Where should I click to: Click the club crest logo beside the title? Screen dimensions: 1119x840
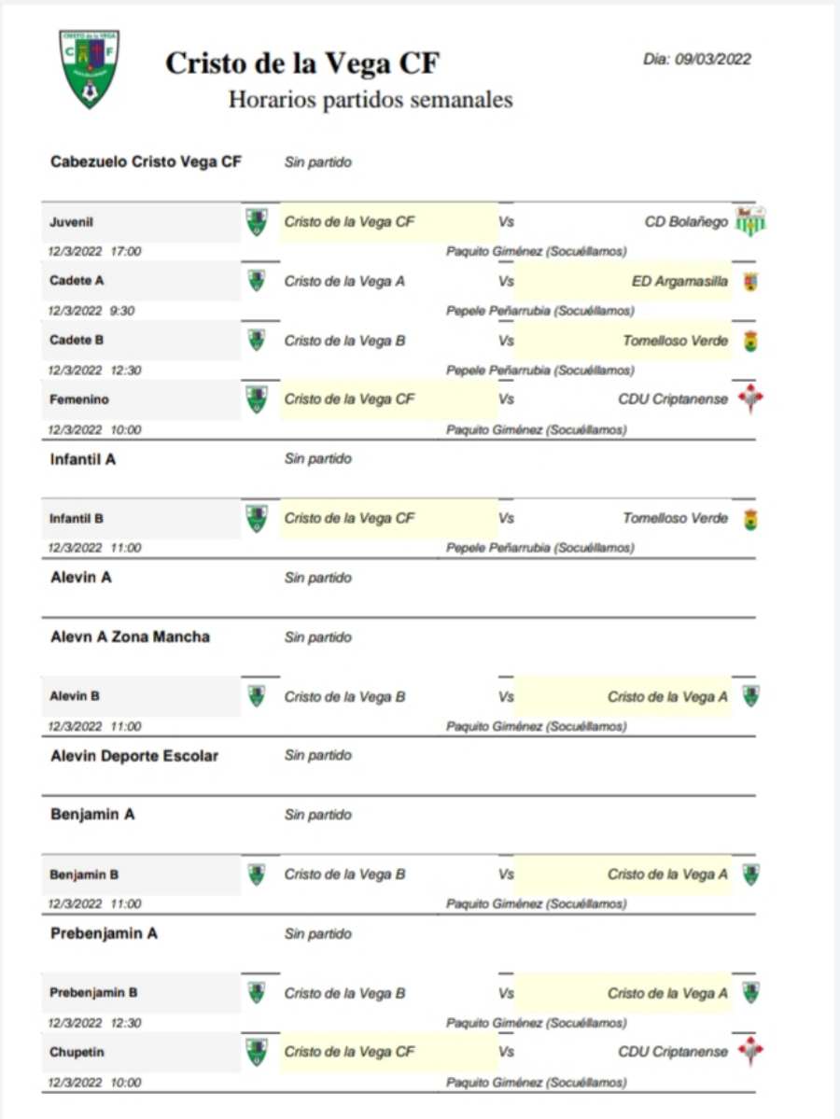tap(90, 68)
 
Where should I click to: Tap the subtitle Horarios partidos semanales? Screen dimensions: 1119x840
tap(371, 99)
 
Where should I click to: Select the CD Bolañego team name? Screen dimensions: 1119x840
tap(686, 222)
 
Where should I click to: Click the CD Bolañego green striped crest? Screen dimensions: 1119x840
tap(750, 222)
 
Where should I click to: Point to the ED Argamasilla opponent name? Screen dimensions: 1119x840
tap(679, 281)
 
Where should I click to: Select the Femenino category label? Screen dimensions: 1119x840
tap(79, 399)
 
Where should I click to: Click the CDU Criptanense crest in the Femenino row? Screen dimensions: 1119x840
tap(750, 399)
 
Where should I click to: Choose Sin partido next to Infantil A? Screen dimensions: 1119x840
tap(318, 459)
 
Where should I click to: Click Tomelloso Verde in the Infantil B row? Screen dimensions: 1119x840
tap(675, 518)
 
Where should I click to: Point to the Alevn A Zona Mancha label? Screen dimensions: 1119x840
tap(130, 637)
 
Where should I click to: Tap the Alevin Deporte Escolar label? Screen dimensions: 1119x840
tap(133, 756)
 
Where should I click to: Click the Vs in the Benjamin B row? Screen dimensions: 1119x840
tap(506, 874)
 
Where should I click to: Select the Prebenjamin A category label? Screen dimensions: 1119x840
tap(104, 933)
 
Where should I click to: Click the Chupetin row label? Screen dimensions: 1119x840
tap(77, 1052)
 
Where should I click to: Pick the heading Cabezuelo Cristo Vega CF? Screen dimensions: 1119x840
tap(146, 162)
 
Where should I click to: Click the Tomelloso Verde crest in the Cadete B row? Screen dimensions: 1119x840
tap(750, 341)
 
